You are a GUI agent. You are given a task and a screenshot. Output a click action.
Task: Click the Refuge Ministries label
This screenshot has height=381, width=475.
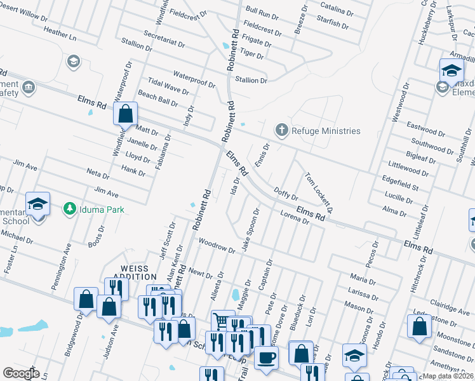point(326,131)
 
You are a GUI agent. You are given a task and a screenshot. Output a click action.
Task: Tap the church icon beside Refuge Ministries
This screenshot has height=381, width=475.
point(281,130)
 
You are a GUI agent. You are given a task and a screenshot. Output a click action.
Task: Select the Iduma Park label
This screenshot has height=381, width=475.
point(101,210)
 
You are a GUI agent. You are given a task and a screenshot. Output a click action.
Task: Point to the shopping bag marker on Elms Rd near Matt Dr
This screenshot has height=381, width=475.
point(126,114)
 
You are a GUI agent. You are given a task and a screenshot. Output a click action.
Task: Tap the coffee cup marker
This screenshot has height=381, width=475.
point(266,356)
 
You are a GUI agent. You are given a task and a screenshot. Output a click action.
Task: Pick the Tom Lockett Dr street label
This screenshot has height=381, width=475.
point(319,192)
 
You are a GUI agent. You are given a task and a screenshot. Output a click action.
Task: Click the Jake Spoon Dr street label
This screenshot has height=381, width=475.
point(250,230)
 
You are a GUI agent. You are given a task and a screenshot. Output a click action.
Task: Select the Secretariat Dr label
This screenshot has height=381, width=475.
point(164,39)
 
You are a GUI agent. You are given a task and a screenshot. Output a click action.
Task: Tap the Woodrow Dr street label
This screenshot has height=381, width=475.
point(216,245)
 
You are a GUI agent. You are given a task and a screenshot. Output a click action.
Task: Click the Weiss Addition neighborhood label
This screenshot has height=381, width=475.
point(135,272)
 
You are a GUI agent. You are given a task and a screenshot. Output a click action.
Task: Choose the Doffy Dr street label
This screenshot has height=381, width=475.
point(286,194)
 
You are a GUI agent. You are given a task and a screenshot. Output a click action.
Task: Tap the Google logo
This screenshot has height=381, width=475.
point(20,373)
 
